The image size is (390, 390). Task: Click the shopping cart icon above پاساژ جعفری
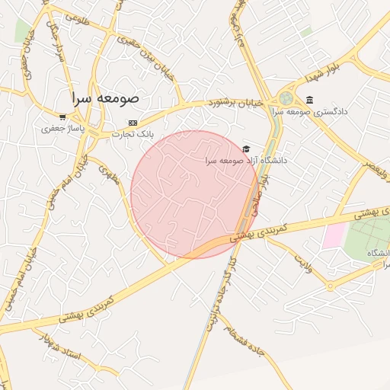tap(62, 117)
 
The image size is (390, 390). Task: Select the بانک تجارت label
tap(133, 133)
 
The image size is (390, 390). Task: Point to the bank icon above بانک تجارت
tap(133, 123)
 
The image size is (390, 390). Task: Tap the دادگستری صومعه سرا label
tap(321, 111)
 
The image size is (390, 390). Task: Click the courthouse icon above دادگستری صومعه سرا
tap(308, 100)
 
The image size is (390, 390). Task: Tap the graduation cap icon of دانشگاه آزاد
tap(245, 149)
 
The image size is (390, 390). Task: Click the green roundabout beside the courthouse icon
tap(286, 98)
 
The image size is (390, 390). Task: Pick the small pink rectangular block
tap(334, 235)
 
